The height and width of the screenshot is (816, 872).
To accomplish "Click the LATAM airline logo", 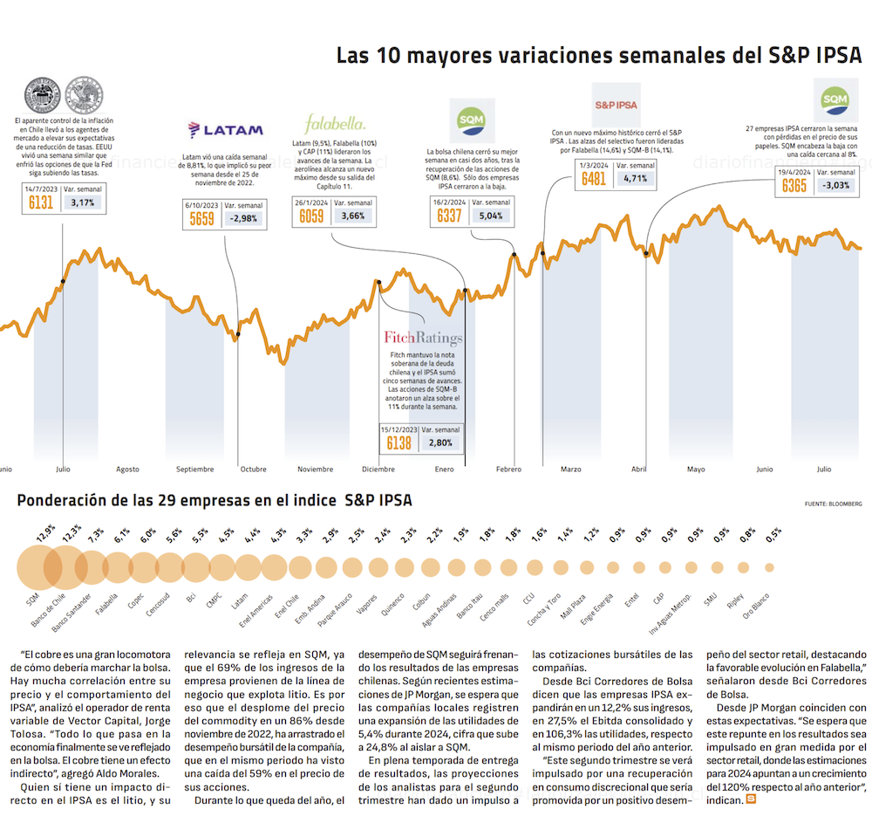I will pyautogui.click(x=226, y=130).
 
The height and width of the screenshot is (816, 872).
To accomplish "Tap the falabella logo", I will pyautogui.click(x=335, y=122).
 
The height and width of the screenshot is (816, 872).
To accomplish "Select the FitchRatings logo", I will pyautogui.click(x=423, y=338).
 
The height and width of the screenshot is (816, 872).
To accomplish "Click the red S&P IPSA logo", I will pyautogui.click(x=616, y=105).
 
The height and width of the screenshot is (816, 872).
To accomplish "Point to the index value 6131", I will pyautogui.click(x=41, y=202).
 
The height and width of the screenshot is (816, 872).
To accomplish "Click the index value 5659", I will pyautogui.click(x=201, y=218).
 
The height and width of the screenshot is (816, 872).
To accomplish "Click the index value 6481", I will pyautogui.click(x=594, y=179).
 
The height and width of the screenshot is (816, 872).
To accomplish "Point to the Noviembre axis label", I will pyautogui.click(x=315, y=470).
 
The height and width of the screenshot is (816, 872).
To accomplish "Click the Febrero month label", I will pyautogui.click(x=508, y=470).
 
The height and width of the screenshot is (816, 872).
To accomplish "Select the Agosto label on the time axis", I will pyautogui.click(x=127, y=470).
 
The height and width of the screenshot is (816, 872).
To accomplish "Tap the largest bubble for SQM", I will pyautogui.click(x=38, y=568).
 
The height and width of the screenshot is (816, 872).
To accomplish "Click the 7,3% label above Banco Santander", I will pyautogui.click(x=95, y=532).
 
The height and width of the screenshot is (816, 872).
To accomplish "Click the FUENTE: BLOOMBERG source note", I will pyautogui.click(x=833, y=504).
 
